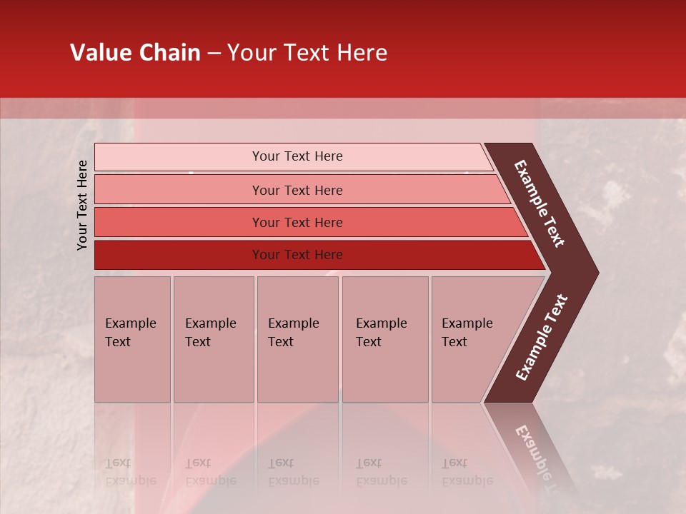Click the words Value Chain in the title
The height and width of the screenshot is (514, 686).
tap(135, 53)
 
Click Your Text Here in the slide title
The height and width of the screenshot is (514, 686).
tap(307, 53)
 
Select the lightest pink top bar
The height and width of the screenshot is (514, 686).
tap(179, 156)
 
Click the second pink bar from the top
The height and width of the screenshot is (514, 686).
tap(179, 190)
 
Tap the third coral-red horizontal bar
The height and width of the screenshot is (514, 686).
tap(179, 222)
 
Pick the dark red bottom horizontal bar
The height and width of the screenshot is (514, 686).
tap(179, 255)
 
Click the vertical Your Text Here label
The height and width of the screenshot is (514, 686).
tap(82, 205)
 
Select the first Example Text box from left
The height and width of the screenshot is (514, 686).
tap(132, 339)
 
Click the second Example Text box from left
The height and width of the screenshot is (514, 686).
tap(213, 339)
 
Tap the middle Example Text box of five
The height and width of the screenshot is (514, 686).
tap(297, 339)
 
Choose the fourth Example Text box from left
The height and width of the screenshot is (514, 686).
tap(384, 339)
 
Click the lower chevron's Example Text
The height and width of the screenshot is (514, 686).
tap(542, 337)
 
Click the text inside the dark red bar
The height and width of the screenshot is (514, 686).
tap(297, 255)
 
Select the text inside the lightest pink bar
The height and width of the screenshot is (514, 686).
tap(297, 156)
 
